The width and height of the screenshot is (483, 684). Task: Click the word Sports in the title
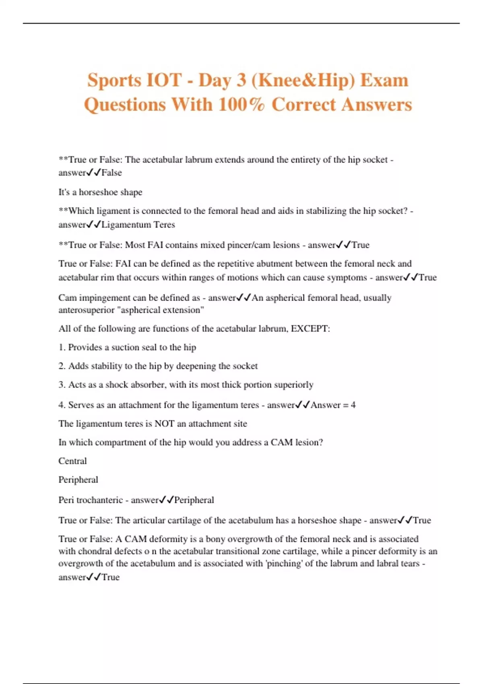tap(114, 80)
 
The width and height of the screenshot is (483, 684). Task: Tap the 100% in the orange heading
tap(242, 105)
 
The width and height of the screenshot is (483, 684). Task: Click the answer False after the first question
tap(111, 173)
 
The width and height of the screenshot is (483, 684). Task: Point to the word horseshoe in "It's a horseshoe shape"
tap(98, 192)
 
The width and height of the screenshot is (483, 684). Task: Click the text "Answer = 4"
tap(333, 405)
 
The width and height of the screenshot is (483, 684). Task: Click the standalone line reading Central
tap(72, 461)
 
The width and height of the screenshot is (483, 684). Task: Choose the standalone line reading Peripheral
tap(78, 480)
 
